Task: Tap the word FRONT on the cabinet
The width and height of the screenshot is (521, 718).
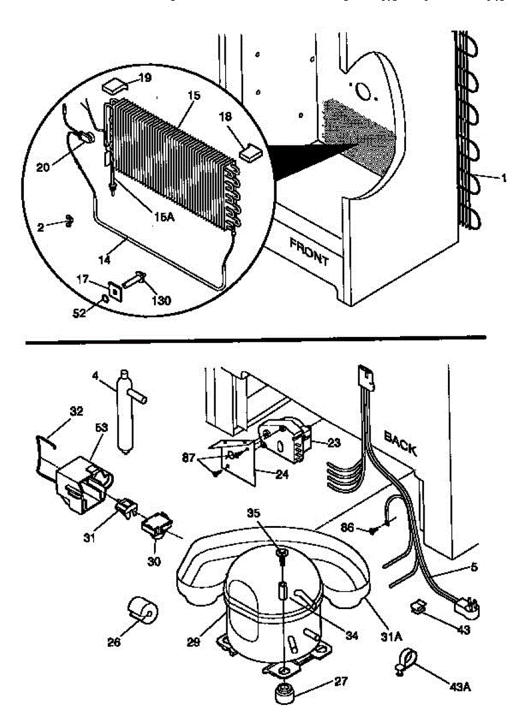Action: tap(309, 251)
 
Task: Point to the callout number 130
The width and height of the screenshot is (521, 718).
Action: tap(161, 300)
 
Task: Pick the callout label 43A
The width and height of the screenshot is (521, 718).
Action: tap(459, 687)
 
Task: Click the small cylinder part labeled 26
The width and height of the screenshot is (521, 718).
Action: tap(143, 611)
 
